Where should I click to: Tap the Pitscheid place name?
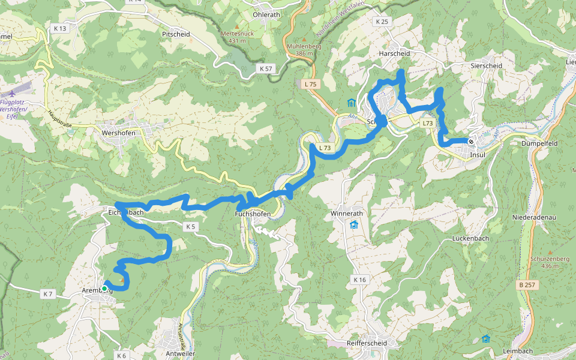click(x=176, y=34)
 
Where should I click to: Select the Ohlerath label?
click(x=267, y=14)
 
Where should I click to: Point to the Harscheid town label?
click(x=394, y=53)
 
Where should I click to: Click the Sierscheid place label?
click(x=485, y=65)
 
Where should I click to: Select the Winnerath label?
click(x=348, y=214)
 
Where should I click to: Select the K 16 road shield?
click(x=359, y=280)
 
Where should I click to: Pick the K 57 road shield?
click(x=265, y=69)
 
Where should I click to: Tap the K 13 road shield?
click(x=60, y=28)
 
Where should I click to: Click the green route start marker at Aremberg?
click(x=104, y=289)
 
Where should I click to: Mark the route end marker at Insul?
click(x=472, y=142)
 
